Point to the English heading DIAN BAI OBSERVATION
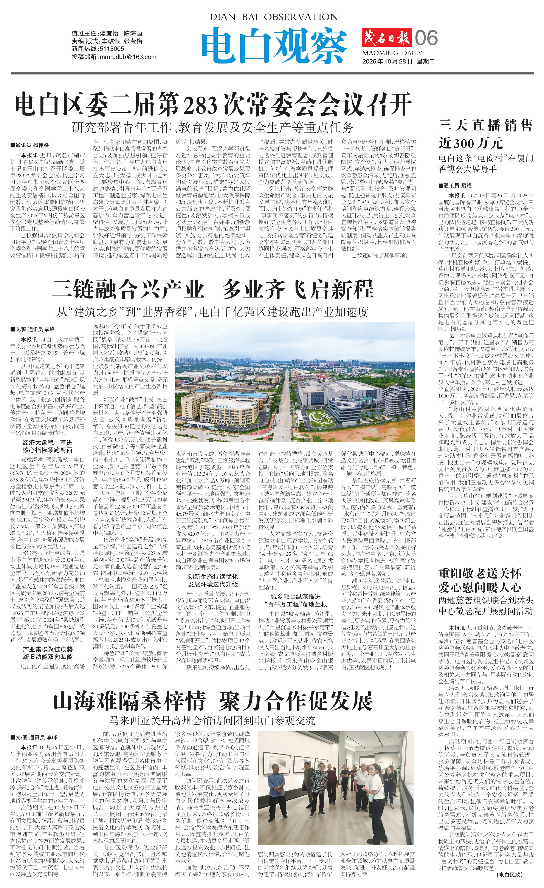tap(274, 17)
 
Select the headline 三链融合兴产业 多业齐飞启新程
tap(213, 289)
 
